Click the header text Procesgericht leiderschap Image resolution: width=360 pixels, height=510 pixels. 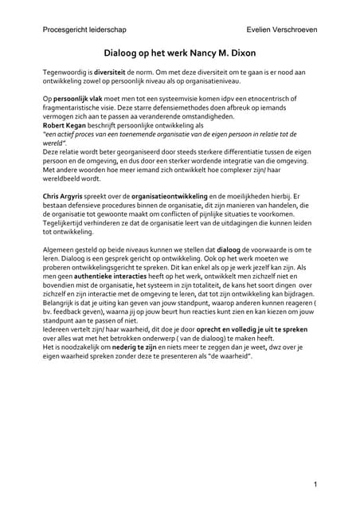(x=81, y=29)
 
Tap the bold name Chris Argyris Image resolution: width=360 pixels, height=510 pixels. (x=66, y=195)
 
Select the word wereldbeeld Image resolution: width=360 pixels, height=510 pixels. (x=65, y=178)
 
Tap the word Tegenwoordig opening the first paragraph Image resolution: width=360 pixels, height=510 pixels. (x=67, y=72)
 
